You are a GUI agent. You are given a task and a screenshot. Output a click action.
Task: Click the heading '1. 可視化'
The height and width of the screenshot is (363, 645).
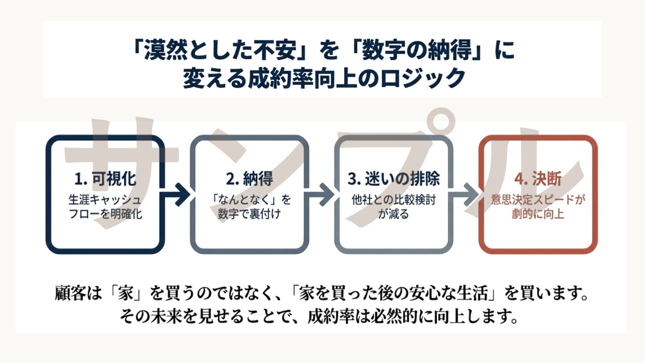pos(105,179)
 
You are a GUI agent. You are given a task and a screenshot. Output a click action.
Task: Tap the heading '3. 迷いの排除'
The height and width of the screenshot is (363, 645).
pos(394,179)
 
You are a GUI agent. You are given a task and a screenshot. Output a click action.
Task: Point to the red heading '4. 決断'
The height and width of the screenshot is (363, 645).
pos(538,179)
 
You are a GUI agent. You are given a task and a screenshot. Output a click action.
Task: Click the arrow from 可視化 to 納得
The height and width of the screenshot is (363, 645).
pos(177,195)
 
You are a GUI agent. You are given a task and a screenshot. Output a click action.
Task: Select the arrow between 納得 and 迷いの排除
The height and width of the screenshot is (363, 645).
pos(321,195)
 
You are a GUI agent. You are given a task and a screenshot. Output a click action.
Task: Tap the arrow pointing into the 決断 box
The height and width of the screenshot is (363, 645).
pos(465,195)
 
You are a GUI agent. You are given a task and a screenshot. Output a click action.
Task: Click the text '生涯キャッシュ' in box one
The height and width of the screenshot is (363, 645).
pos(105,200)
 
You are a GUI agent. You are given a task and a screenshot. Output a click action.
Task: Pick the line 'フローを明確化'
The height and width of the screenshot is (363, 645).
pos(105,214)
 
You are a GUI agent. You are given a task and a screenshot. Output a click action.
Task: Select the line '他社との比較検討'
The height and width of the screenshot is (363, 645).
pos(394,200)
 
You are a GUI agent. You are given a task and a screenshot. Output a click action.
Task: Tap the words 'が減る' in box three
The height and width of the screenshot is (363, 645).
pos(394,214)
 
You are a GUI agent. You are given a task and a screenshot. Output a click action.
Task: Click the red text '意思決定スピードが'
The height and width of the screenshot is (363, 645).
pos(538,200)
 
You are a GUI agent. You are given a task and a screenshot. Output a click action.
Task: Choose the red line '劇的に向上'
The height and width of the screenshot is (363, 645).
pos(538,214)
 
